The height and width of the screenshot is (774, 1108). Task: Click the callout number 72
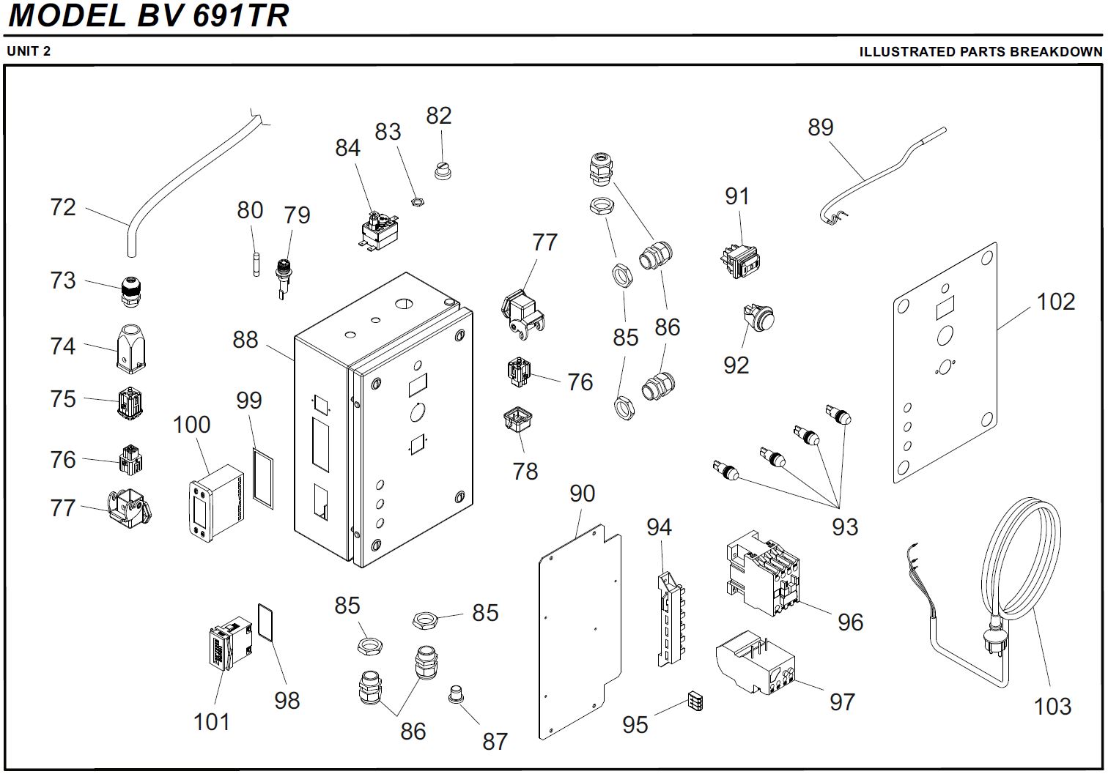(63, 207)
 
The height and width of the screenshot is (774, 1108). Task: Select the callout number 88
(245, 340)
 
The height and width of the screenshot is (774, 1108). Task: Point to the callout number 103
(1052, 707)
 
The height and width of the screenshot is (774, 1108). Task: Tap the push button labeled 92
(760, 319)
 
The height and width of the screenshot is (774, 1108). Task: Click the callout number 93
(844, 527)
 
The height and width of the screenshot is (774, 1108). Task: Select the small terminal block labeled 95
(695, 702)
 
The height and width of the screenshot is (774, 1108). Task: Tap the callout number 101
(212, 722)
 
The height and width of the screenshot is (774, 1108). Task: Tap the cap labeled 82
(442, 170)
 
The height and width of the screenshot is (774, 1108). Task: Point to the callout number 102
(1056, 302)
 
